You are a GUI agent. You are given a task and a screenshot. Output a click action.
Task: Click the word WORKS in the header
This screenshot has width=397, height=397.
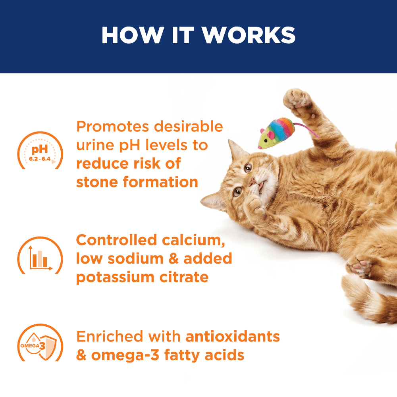click(249, 35)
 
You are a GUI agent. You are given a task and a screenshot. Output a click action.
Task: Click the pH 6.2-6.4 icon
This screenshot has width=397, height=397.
click(40, 150)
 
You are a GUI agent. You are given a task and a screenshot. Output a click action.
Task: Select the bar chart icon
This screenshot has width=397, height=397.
click(40, 255)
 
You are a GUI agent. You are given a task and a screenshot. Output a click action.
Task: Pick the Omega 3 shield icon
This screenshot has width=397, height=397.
click(40, 343)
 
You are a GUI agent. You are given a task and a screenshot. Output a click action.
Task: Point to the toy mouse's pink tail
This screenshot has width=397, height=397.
click(306, 129)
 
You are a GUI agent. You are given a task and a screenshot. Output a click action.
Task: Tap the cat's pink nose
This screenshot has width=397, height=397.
click(252, 181)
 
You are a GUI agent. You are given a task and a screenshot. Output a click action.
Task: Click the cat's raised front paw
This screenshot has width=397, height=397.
click(297, 100)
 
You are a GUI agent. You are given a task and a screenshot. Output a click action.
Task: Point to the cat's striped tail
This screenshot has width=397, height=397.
click(367, 299)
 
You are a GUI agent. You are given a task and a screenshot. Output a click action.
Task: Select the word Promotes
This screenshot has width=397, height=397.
click(112, 126)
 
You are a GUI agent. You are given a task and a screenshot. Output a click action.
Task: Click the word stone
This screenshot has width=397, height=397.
click(97, 182)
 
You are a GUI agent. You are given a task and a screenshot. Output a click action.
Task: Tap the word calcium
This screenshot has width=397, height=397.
click(193, 240)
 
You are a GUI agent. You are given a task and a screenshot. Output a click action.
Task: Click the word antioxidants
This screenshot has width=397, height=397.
click(233, 337)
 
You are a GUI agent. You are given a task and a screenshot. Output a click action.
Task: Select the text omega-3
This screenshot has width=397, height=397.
click(125, 355)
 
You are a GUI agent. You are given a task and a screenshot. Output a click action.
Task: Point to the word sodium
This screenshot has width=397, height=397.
click(136, 259)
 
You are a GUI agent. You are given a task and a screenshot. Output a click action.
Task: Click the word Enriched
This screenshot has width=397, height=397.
click(110, 337)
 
